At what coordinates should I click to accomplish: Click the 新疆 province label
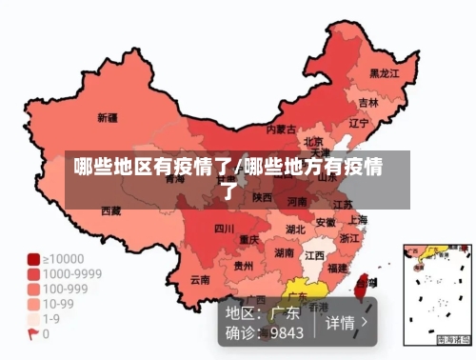[x=108, y=119]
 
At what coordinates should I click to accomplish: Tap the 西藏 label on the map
[x=111, y=210]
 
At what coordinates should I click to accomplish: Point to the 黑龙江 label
[x=384, y=72]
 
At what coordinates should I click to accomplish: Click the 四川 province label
[x=224, y=229]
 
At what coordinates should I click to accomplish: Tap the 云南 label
[x=200, y=280]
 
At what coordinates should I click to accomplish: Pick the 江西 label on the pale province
[x=313, y=255]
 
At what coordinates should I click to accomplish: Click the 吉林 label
[x=367, y=102]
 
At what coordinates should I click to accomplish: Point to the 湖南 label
[x=284, y=253]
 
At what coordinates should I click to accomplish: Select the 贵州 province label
[x=244, y=266]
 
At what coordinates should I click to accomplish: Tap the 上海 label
[x=358, y=219]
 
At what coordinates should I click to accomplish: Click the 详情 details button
[x=345, y=322]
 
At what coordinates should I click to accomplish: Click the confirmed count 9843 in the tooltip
[x=287, y=332]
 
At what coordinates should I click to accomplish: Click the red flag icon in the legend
[x=33, y=334]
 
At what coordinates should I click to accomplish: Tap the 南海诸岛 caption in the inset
[x=453, y=339]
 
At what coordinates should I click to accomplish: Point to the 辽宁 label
[x=359, y=123]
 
